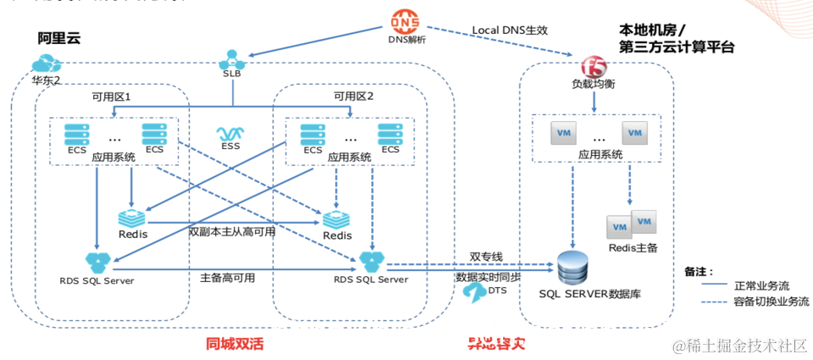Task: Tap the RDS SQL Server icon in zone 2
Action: click(x=370, y=259)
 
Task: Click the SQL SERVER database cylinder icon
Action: click(x=573, y=268)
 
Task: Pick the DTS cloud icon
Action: click(x=473, y=291)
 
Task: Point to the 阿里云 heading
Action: click(x=58, y=39)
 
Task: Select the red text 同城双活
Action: click(x=233, y=344)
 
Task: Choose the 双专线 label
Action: click(x=486, y=257)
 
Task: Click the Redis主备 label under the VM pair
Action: click(x=633, y=247)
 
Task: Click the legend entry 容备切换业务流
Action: click(x=766, y=301)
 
